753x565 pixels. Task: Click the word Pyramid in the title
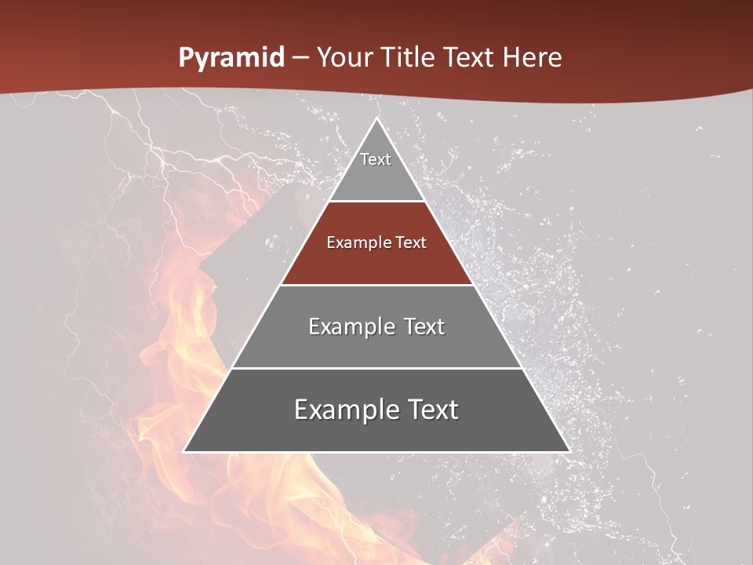(231, 58)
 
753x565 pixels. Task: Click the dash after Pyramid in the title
(300, 58)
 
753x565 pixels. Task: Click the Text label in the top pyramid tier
(376, 159)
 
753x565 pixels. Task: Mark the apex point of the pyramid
(376, 118)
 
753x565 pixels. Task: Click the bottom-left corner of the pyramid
(184, 451)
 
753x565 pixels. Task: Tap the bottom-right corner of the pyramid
(569, 451)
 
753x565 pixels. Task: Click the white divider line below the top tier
(376, 202)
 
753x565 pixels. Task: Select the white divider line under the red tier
(376, 285)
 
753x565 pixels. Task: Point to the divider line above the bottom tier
(376, 368)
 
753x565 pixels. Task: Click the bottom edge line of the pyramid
(376, 452)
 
